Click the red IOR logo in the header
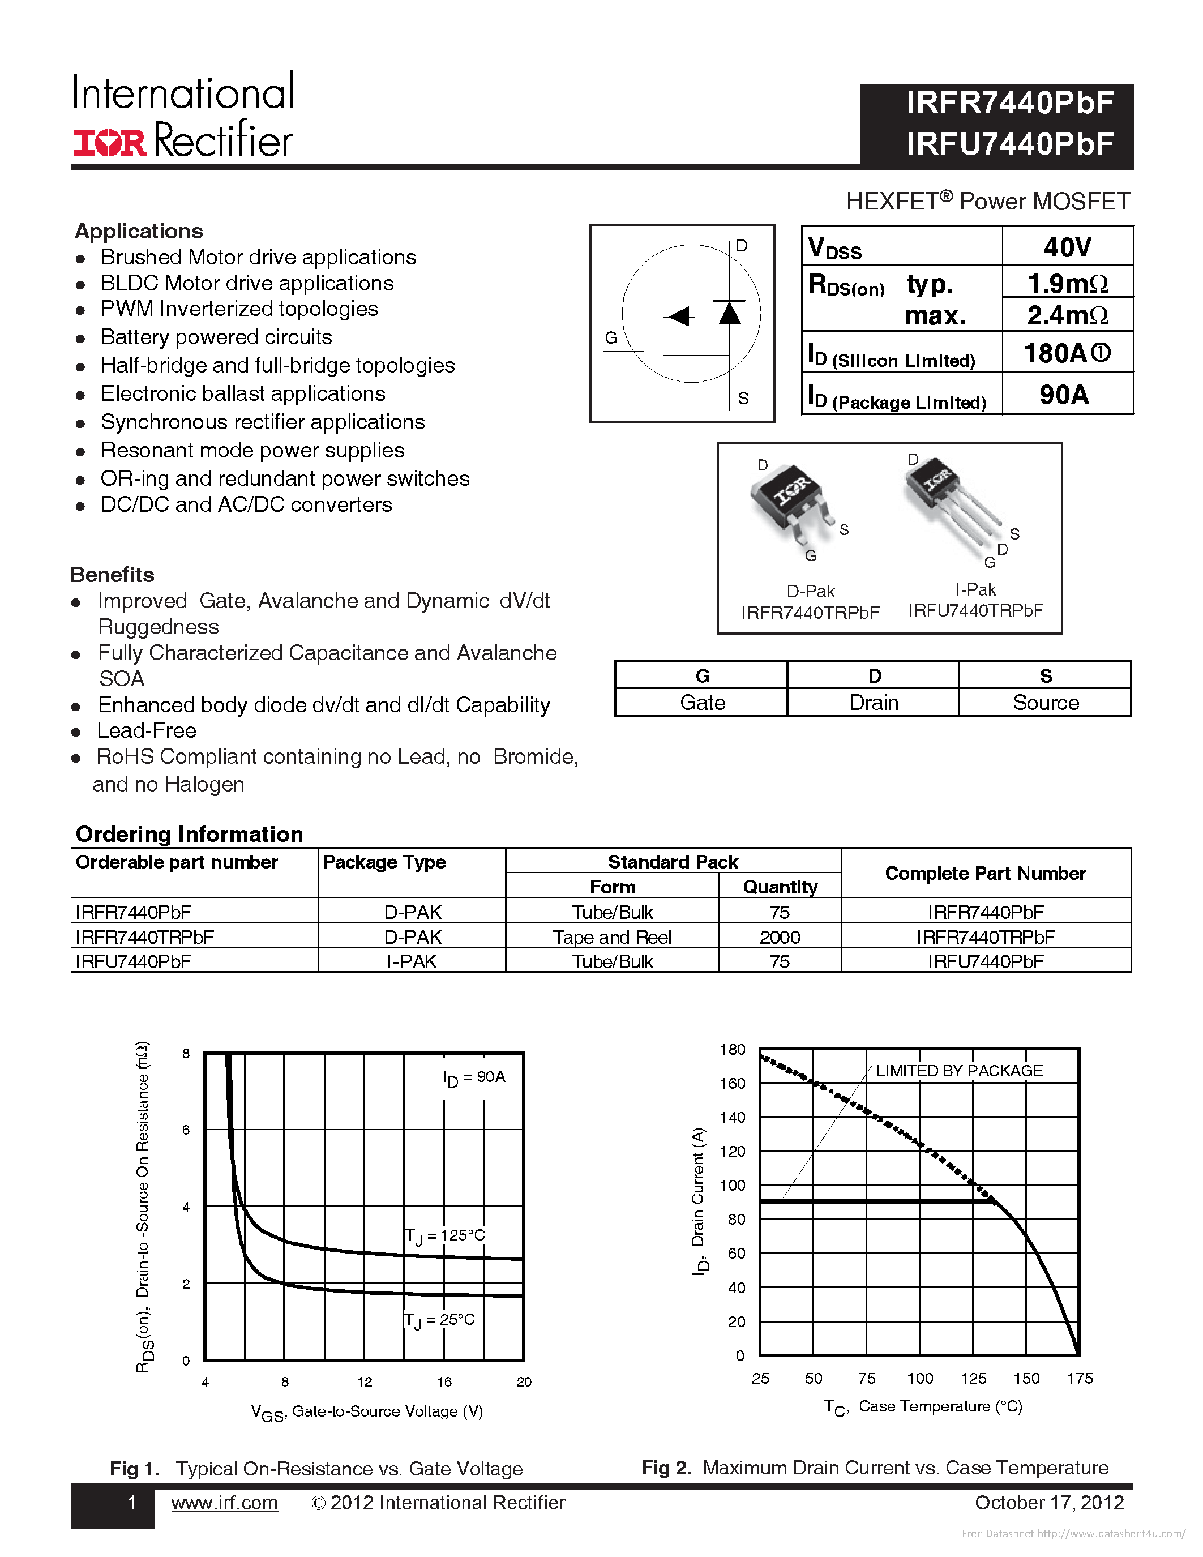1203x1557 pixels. pyautogui.click(x=110, y=143)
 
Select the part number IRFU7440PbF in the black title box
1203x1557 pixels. pyautogui.click(x=1009, y=144)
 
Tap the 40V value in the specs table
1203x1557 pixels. pyautogui.click(x=1067, y=247)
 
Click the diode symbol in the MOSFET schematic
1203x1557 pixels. pyautogui.click(x=729, y=313)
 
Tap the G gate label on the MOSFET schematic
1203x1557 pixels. pyautogui.click(x=611, y=338)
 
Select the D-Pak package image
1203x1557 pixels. pyautogui.click(x=790, y=498)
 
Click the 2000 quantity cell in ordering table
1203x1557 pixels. pyautogui.click(x=780, y=937)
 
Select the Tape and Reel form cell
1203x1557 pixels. pyautogui.click(x=612, y=937)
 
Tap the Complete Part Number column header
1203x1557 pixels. pyautogui.click(x=985, y=873)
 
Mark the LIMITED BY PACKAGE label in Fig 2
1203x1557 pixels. pyautogui.click(x=958, y=1071)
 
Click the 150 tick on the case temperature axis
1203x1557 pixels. pyautogui.click(x=1026, y=1378)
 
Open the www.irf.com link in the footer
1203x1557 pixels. pyautogui.click(x=225, y=1503)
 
